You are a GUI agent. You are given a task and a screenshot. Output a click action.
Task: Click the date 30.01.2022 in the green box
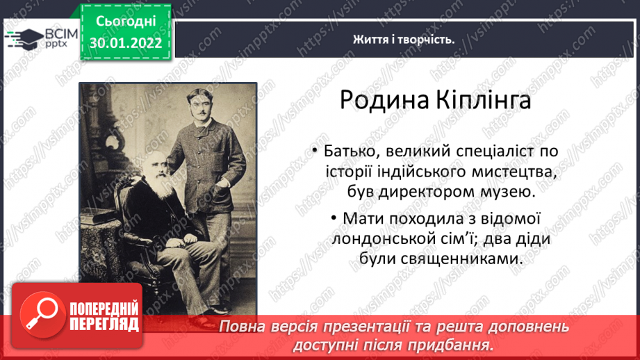126,43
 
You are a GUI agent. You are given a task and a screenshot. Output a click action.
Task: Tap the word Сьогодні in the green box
126,22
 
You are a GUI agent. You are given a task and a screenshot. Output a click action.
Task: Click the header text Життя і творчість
404,40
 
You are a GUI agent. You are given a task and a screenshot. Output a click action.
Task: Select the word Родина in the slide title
384,100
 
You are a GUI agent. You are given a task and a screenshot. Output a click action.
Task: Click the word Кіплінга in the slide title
483,100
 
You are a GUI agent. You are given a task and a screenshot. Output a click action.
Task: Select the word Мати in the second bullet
363,218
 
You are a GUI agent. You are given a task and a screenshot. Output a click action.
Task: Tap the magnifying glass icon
42,315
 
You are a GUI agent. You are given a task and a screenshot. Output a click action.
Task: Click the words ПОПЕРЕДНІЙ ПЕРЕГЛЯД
104,317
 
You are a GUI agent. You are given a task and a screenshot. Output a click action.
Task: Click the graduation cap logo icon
24,39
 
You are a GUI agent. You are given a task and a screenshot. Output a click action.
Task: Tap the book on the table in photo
97,216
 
